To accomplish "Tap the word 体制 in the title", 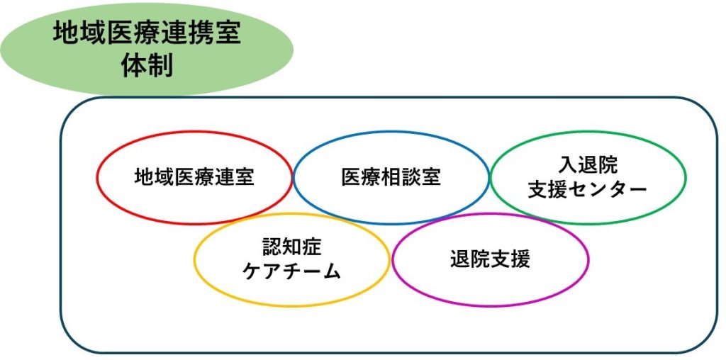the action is click(147, 66).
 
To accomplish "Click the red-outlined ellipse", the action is click(97, 178).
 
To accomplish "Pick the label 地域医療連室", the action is click(194, 177).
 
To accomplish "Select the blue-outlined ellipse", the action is click(294, 178).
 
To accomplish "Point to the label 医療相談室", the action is click(391, 177).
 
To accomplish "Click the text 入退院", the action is click(588, 165).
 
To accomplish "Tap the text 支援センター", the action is click(588, 190).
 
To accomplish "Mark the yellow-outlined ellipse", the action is click(194, 259).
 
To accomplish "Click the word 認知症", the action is click(291, 247).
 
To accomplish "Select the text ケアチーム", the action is click(291, 271).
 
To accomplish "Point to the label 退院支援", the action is click(491, 259).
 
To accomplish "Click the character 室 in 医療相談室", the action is click(432, 177).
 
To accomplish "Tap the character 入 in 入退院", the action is click(568, 165).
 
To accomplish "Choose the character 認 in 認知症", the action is click(272, 247).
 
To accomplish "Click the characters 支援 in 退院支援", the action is click(510, 259).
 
